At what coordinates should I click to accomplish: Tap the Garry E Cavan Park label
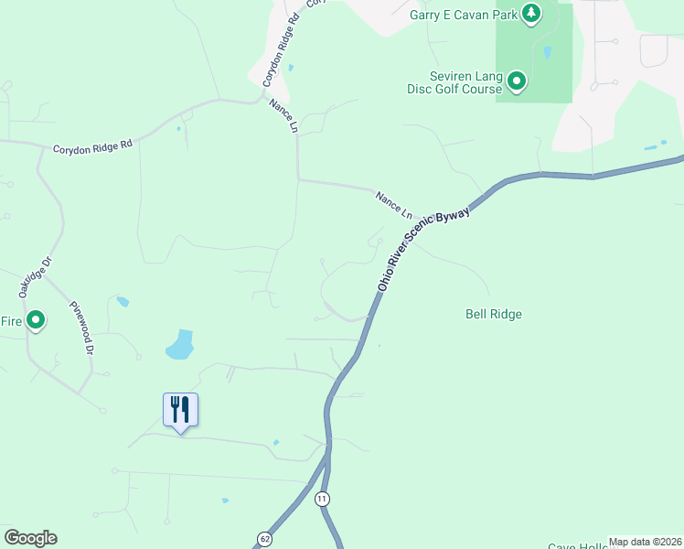click(x=462, y=14)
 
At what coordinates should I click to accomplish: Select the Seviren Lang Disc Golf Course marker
click(x=517, y=82)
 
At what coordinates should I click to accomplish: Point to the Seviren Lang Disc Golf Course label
click(x=454, y=82)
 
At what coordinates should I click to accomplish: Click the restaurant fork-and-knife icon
click(x=180, y=409)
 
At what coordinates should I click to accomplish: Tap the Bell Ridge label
click(x=494, y=314)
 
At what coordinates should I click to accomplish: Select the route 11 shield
click(x=321, y=499)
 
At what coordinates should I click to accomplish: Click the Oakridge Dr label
click(x=31, y=275)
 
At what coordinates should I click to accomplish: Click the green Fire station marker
click(x=36, y=320)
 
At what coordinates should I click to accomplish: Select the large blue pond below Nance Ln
click(x=180, y=345)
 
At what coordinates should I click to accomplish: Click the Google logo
click(x=30, y=538)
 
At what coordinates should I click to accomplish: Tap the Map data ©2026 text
click(x=645, y=542)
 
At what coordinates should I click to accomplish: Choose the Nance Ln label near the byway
click(x=394, y=204)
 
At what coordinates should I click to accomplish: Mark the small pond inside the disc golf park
click(x=547, y=53)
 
